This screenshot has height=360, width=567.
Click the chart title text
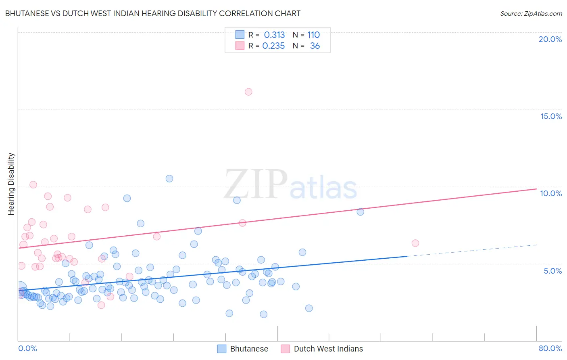pos(153,13)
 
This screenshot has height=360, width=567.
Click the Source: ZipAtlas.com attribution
pos(531,13)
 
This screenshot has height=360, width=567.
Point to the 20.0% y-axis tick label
pos(550,39)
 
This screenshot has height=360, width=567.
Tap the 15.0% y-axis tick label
pos(551,116)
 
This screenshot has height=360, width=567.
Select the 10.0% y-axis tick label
pos(551,193)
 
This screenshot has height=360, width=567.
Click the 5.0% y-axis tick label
pos(552,271)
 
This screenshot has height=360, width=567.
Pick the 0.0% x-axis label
pos(27,348)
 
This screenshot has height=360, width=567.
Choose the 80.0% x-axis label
pos(550,348)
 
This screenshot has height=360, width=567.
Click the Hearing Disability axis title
pos(11,184)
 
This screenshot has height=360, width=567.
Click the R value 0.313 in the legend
pos(274,35)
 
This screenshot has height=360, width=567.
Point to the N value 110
pos(313,35)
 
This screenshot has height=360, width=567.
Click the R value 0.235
pos(273,46)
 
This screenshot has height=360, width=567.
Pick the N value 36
pos(315,46)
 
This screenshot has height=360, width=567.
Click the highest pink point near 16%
pos(248,92)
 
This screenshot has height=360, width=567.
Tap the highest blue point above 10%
pos(169,178)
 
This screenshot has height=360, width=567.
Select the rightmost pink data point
pos(415,243)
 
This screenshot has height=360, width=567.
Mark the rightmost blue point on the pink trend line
pos(361,212)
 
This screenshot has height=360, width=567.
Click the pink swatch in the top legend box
pos(240,46)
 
